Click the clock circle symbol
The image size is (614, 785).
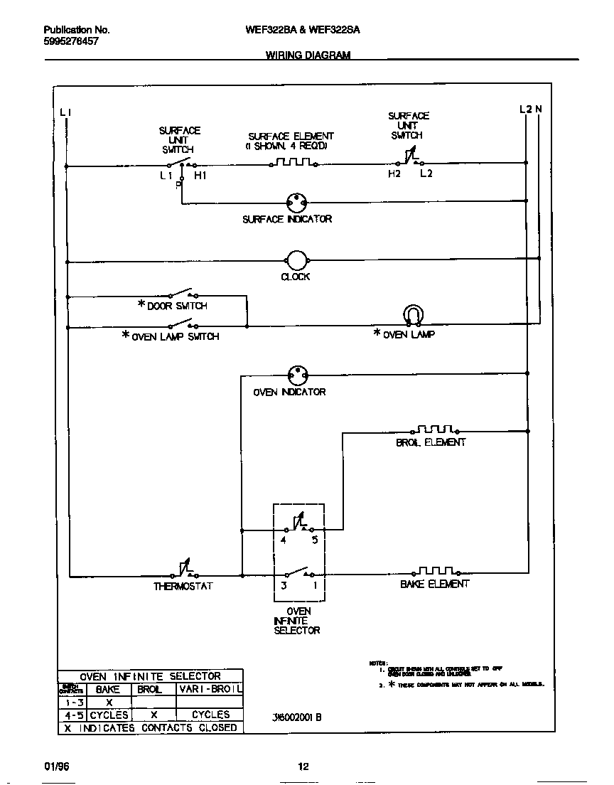click(x=296, y=261)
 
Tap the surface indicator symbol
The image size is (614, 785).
click(x=296, y=202)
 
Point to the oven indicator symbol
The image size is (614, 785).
click(x=297, y=375)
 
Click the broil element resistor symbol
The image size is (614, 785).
click(x=435, y=429)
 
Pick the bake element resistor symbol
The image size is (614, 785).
click(x=435, y=571)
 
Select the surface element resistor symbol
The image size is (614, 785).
click(x=293, y=163)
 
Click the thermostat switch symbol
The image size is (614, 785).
click(x=183, y=570)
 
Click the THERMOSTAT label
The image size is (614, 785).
click(x=183, y=587)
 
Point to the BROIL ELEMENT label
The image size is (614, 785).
click(x=431, y=442)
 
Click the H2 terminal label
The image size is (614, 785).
click(x=394, y=173)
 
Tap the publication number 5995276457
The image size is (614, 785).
click(x=71, y=42)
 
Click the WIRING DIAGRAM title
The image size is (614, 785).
click(x=308, y=55)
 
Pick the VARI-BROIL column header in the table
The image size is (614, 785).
click(x=210, y=689)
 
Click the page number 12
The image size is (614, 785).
click(x=303, y=766)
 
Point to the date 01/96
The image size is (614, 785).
click(x=57, y=766)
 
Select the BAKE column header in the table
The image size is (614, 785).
click(x=108, y=689)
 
